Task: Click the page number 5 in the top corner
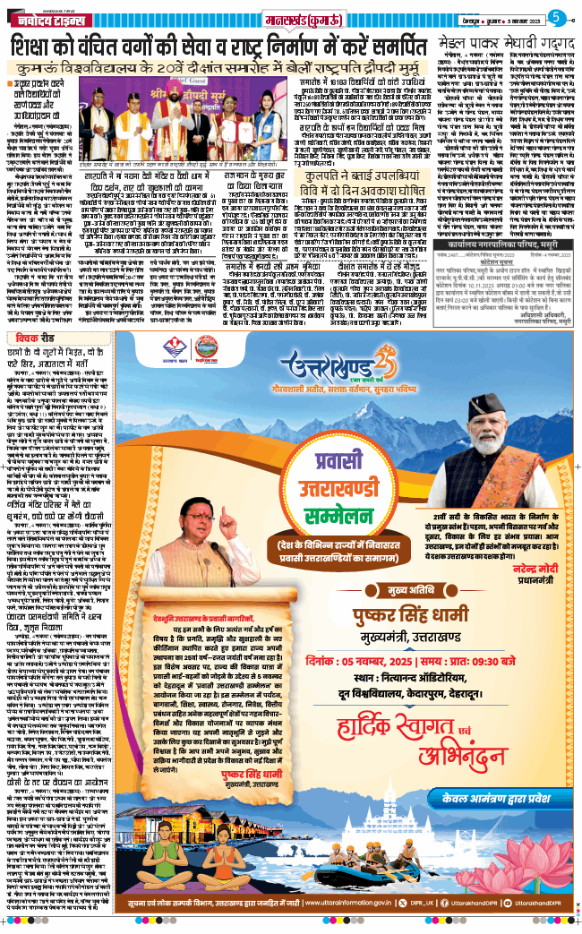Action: (x=556, y=16)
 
